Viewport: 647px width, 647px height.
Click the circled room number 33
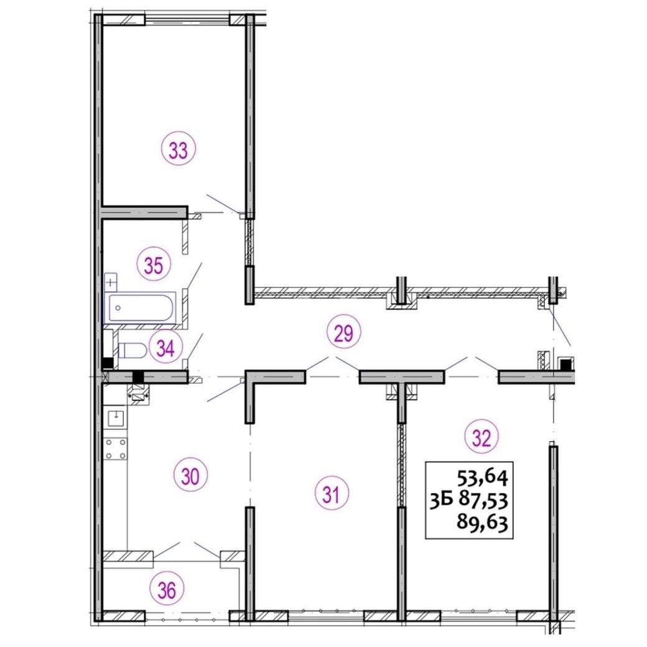179,150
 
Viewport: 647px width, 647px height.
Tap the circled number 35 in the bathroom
154,265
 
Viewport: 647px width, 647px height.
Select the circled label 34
165,348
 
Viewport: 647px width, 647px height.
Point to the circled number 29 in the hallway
343,333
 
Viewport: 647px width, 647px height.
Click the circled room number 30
190,477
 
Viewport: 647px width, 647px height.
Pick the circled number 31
332,494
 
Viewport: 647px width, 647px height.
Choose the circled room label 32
482,437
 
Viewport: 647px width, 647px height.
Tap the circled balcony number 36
167,590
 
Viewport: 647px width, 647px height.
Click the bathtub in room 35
140,307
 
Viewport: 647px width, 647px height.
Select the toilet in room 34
132,350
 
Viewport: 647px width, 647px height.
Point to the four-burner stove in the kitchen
116,449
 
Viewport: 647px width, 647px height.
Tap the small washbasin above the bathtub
111,282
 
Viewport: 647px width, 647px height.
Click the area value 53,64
482,478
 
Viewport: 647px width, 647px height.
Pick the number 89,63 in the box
482,523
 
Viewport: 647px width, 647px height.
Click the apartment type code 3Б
442,501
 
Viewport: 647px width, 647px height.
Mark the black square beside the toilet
108,363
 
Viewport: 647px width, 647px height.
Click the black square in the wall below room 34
138,377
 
